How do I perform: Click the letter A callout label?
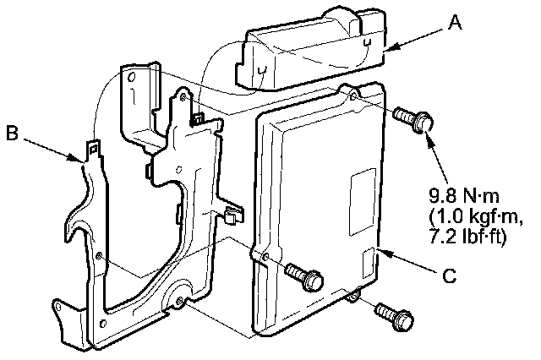(x=455, y=25)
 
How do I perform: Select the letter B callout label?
(x=12, y=134)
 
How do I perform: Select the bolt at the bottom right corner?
(x=394, y=317)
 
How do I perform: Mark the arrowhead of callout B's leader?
(x=79, y=159)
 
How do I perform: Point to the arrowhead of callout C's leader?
(x=381, y=251)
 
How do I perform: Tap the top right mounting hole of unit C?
(x=353, y=97)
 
